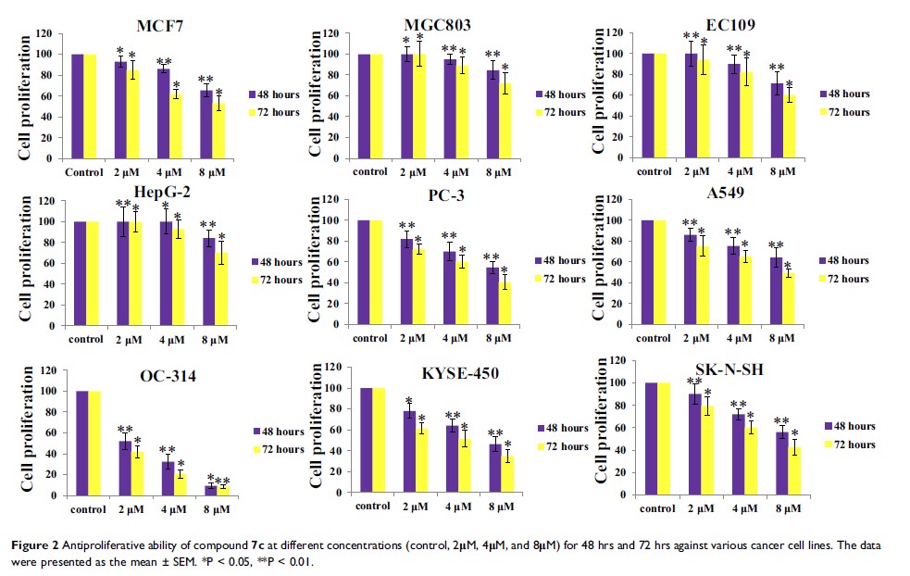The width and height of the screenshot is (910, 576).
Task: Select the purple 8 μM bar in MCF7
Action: tap(207, 124)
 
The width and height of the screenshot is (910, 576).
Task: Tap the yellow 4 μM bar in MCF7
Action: tap(175, 126)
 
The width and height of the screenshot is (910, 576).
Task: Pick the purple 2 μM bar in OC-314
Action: tap(123, 469)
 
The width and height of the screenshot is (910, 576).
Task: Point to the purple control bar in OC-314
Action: tap(81, 444)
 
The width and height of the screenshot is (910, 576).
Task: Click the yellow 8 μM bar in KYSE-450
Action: tap(506, 475)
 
